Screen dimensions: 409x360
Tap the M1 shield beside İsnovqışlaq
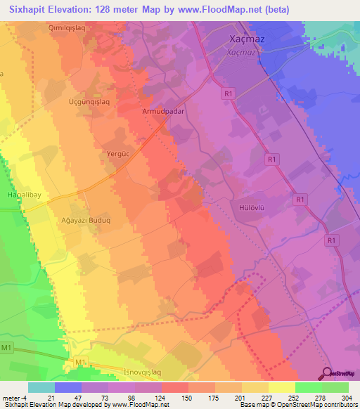80,362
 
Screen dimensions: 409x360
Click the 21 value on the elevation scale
41,398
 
